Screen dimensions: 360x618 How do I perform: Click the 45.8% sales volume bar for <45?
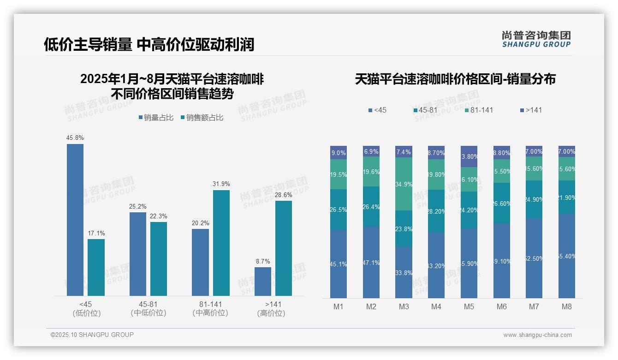(75, 220)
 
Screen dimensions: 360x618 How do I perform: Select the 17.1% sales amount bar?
(96, 267)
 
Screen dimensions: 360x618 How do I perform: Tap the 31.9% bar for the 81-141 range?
(221, 243)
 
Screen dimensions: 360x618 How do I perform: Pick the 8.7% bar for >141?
(263, 281)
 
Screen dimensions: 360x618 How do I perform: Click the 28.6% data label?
(284, 195)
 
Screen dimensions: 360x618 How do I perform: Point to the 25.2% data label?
(137, 206)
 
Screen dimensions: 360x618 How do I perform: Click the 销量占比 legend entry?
(156, 118)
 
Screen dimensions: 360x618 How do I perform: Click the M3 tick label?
(404, 307)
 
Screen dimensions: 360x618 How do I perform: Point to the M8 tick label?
(567, 307)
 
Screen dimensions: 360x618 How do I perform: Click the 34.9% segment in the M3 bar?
(404, 184)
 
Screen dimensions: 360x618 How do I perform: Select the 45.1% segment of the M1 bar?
(339, 264)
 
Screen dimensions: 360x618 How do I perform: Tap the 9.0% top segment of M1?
(339, 153)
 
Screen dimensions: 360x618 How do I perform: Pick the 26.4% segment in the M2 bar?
(371, 207)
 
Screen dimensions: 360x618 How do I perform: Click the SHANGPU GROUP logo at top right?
(536, 39)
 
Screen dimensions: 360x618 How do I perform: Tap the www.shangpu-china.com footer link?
(537, 335)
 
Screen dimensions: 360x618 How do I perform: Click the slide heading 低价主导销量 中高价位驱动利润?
(149, 44)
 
